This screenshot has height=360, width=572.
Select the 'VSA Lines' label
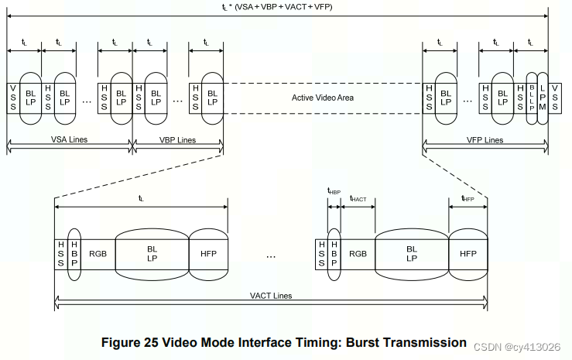68,140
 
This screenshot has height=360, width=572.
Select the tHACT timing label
358,199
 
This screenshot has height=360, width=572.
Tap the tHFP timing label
468,199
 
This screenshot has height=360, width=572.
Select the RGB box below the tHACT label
358,253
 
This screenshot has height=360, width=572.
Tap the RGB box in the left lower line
98,253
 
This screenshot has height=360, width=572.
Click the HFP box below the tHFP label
468,253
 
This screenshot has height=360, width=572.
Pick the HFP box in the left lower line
208,253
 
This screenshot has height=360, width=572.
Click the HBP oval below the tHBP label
334,253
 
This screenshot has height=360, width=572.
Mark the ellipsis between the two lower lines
271,255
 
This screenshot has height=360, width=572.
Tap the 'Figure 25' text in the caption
131,342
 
